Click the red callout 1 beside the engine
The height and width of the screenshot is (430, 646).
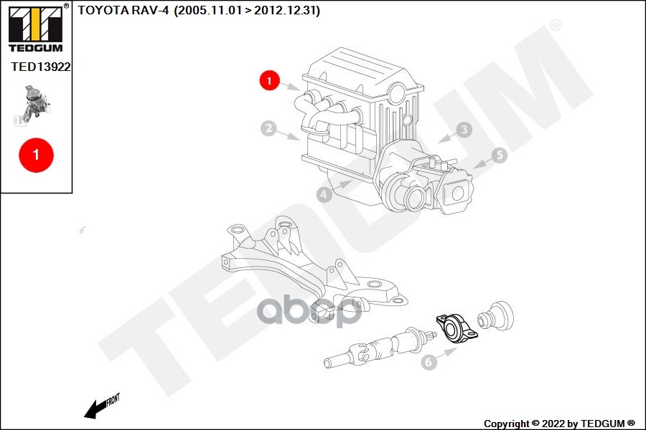click(269, 81)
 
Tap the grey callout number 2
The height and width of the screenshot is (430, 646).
click(268, 129)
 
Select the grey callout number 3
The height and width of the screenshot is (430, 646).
click(464, 129)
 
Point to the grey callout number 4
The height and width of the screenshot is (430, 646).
click(324, 193)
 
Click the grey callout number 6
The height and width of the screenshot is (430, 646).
click(429, 362)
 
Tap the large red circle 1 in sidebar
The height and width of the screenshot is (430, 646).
click(36, 153)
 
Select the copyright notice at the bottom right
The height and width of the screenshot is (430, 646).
click(559, 424)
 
